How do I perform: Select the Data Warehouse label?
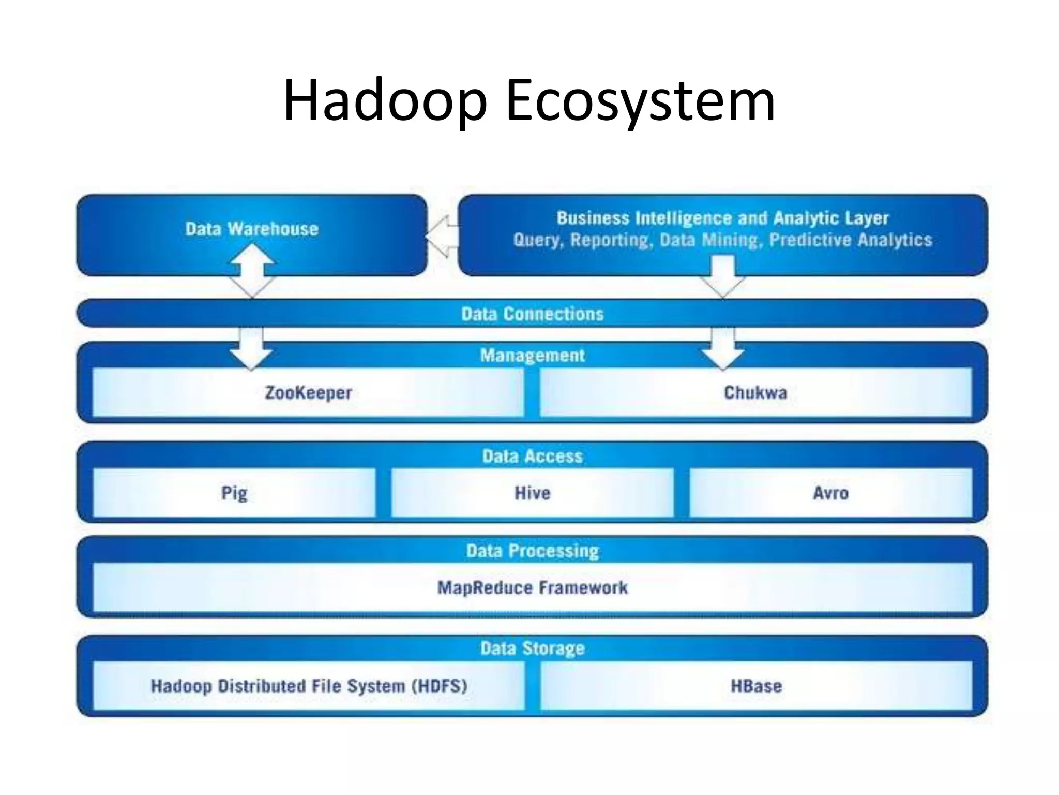pyautogui.click(x=252, y=229)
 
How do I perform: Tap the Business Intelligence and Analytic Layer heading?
pyautogui.click(x=722, y=218)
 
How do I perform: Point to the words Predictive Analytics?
pyautogui.click(x=851, y=240)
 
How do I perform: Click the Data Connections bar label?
pyautogui.click(x=532, y=314)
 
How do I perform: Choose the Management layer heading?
pyautogui.click(x=532, y=355)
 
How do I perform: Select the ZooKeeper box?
pyautogui.click(x=308, y=392)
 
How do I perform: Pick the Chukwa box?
pyautogui.click(x=755, y=392)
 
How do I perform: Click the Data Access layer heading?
pyautogui.click(x=532, y=456)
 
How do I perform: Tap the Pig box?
pyautogui.click(x=234, y=493)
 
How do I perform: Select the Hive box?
pyautogui.click(x=532, y=493)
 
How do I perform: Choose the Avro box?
pyautogui.click(x=830, y=493)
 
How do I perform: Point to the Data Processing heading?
pyautogui.click(x=532, y=551)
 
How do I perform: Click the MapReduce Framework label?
pyautogui.click(x=532, y=587)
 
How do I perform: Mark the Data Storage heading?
pyautogui.click(x=532, y=648)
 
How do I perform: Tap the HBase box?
pyautogui.click(x=756, y=686)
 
